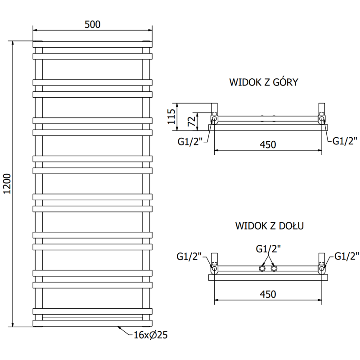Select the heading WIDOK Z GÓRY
(x=264, y=82)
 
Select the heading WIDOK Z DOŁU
(x=269, y=225)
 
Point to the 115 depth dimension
(x=171, y=117)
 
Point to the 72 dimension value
(x=190, y=121)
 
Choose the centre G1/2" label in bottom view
(x=268, y=248)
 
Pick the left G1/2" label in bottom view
(x=189, y=257)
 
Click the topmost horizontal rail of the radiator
(x=92, y=44)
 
